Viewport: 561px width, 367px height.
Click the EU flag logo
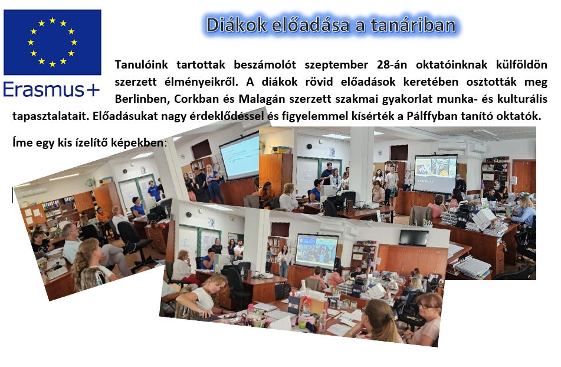click(53, 43)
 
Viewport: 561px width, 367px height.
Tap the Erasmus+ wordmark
click(51, 89)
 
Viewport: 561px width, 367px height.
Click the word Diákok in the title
click(237, 25)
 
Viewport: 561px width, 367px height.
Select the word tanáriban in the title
click(414, 25)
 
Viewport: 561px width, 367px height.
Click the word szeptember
click(336, 65)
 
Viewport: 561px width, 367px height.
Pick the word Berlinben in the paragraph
click(142, 99)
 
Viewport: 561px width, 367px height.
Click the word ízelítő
click(91, 142)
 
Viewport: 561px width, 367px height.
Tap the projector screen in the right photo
click(436, 174)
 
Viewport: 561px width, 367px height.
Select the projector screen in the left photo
click(240, 156)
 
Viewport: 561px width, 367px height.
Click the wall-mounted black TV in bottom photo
click(414, 238)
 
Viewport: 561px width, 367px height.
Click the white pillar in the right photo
click(362, 168)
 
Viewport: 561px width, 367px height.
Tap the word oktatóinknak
click(451, 64)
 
